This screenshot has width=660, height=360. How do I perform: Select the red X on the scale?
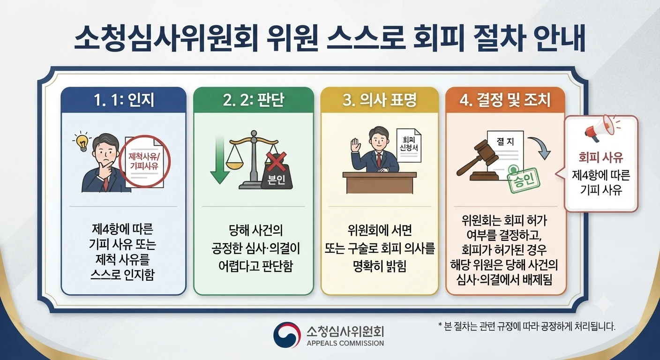click(277, 161)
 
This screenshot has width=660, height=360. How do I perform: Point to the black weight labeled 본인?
click(277, 176)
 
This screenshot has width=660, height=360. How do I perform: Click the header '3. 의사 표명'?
click(380, 100)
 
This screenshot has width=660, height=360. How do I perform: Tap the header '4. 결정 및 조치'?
click(505, 100)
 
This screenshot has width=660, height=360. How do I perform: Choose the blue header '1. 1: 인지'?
click(124, 100)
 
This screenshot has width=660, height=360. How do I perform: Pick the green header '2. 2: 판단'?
click(254, 100)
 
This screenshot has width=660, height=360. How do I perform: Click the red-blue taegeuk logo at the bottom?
click(287, 335)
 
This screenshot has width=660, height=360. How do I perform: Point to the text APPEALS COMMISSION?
click(345, 343)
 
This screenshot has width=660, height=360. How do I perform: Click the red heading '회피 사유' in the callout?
click(601, 157)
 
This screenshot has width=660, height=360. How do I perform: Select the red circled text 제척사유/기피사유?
click(144, 161)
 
